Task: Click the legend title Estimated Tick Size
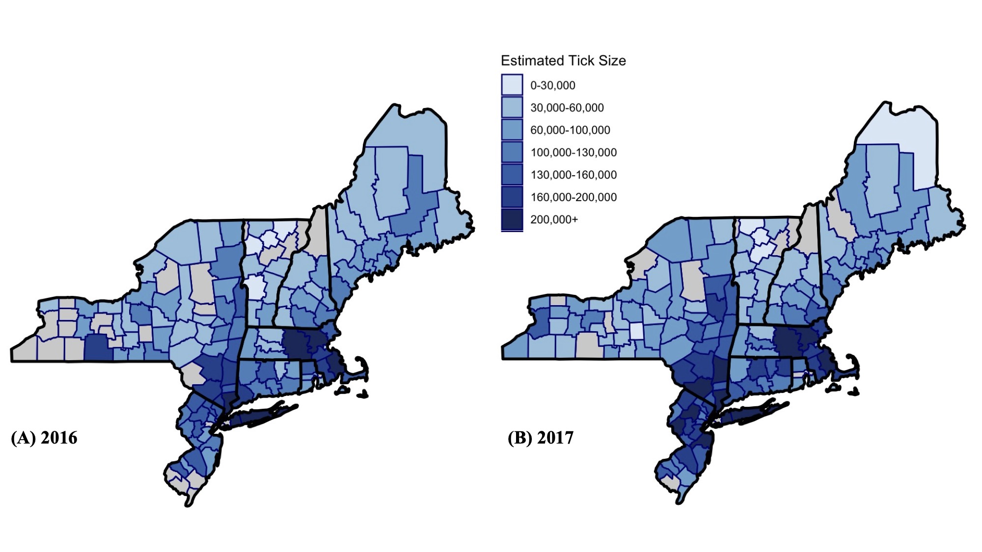click(x=563, y=61)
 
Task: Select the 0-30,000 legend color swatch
click(x=512, y=85)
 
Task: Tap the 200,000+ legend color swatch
click(x=512, y=219)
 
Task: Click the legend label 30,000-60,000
click(x=567, y=108)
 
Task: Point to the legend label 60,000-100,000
click(x=570, y=130)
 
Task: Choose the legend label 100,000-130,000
click(x=573, y=153)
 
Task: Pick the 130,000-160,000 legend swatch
click(x=512, y=175)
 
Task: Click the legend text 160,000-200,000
click(x=573, y=197)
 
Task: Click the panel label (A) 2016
click(x=44, y=438)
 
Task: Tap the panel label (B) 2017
click(x=540, y=438)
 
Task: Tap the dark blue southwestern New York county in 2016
click(x=98, y=348)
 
